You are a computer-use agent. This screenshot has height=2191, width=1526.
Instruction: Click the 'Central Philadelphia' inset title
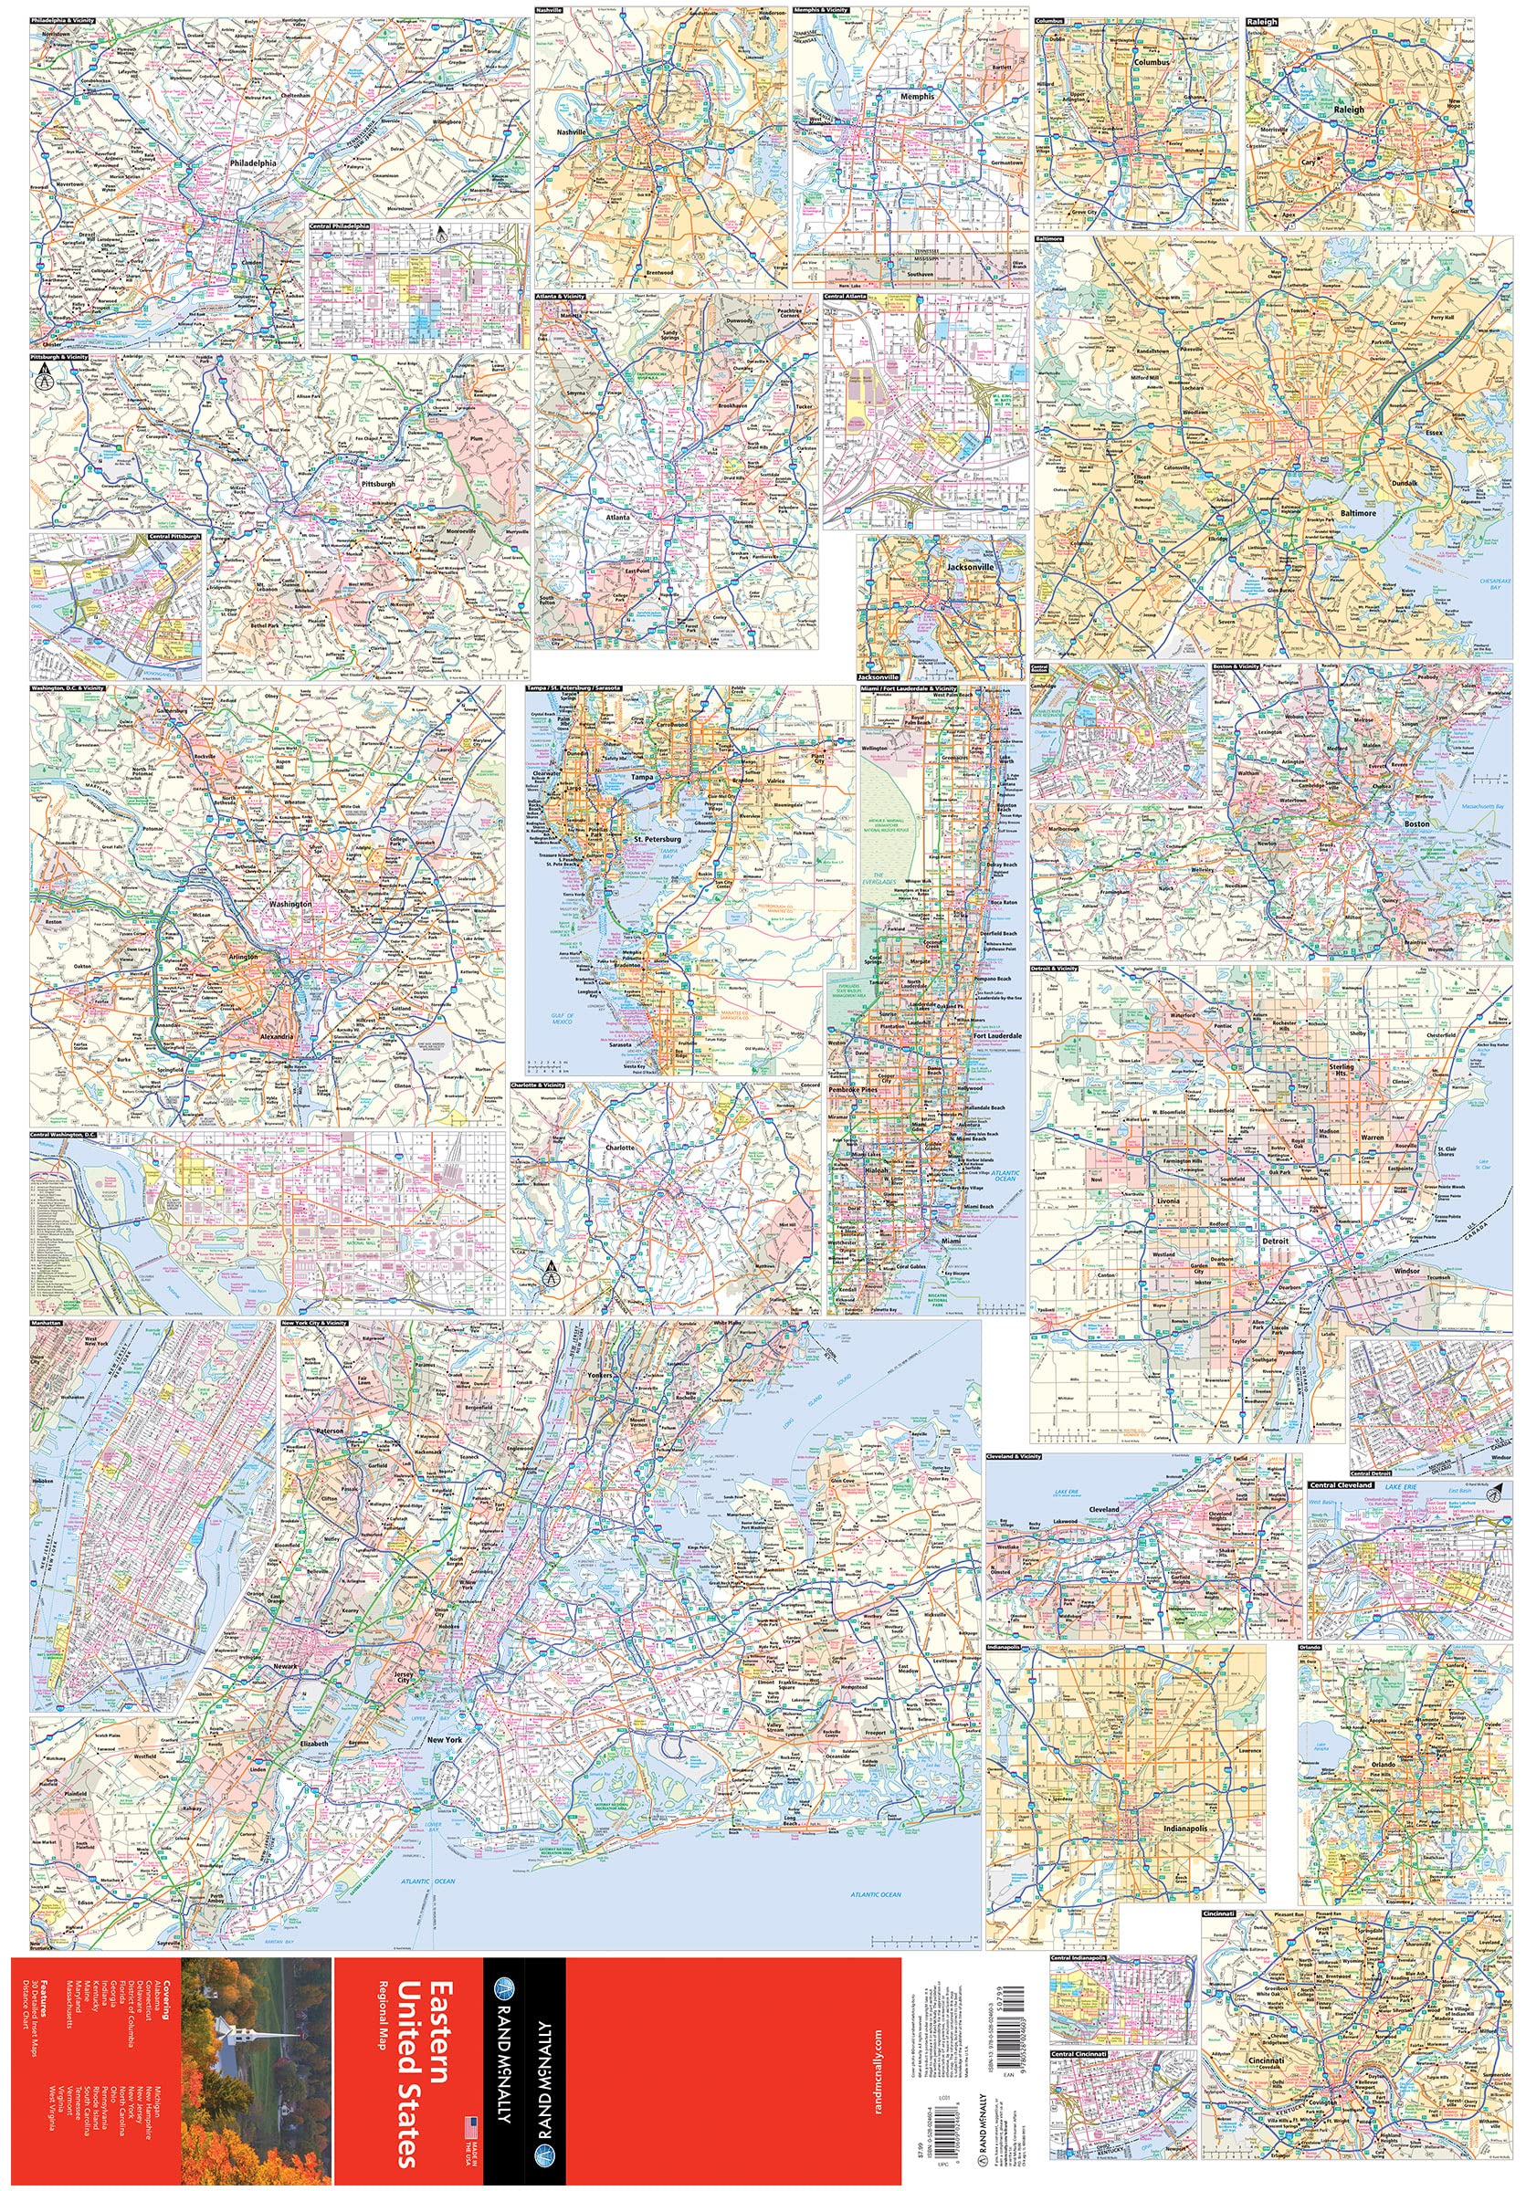click(339, 227)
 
